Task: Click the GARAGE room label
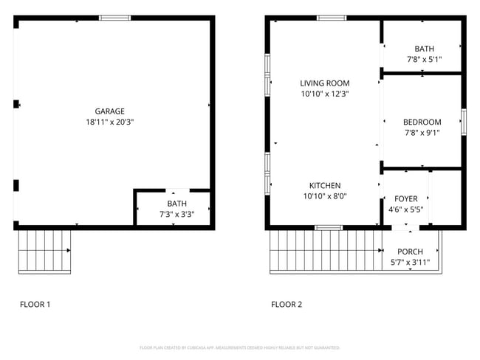click(x=109, y=111)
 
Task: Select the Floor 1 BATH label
click(x=177, y=204)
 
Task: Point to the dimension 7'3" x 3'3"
click(x=177, y=214)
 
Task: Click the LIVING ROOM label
click(x=324, y=83)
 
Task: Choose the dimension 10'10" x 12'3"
click(x=324, y=94)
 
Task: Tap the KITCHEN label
click(x=324, y=186)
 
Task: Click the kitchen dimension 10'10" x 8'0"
click(x=324, y=196)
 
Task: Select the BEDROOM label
click(x=422, y=122)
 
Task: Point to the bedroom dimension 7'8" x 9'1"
click(x=422, y=134)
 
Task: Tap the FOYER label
click(x=406, y=198)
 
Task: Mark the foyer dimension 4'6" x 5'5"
click(x=406, y=210)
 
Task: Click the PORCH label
click(x=410, y=252)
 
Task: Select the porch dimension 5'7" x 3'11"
click(x=410, y=262)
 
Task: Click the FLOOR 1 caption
click(x=35, y=304)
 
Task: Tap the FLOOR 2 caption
click(x=287, y=304)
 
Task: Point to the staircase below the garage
click(x=44, y=250)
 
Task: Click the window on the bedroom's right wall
click(x=464, y=122)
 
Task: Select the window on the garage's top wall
click(x=115, y=18)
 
